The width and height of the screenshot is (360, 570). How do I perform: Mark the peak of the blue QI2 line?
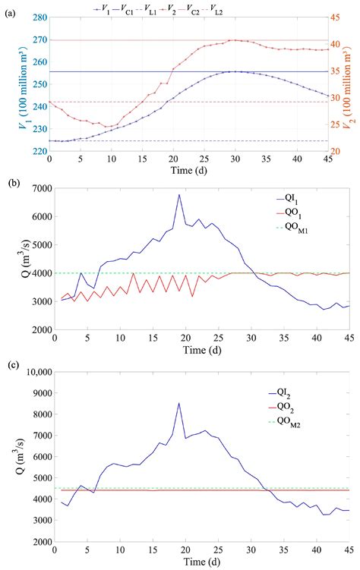[179, 403]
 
